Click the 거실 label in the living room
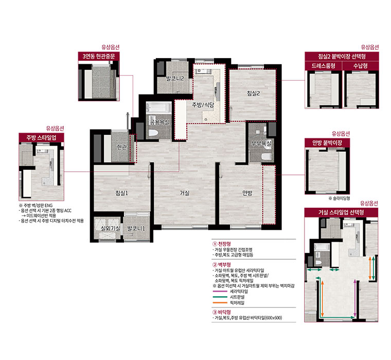coord(185,193)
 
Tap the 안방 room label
coord(247,193)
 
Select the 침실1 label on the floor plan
coord(122,193)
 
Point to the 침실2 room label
coord(254,93)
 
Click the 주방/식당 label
coord(203,105)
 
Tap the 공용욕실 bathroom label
coord(159,122)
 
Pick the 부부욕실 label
coord(261,143)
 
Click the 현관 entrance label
coord(122,147)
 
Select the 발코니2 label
coord(175,79)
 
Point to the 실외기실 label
coord(111,228)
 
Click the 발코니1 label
coord(136,228)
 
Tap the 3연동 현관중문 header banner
coord(99,57)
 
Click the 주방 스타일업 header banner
coord(41,137)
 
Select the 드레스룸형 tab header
coord(324,66)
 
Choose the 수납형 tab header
coord(361,66)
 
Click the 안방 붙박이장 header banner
coord(327,143)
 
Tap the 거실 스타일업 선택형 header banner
coord(341,212)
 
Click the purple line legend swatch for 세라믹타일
coord(220,291)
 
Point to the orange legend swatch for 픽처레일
coord(220,303)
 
